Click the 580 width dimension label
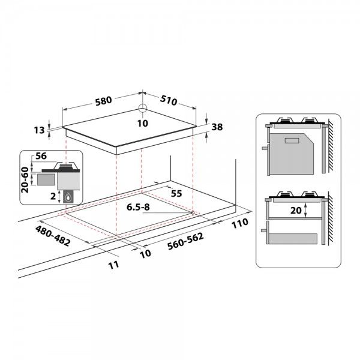104,101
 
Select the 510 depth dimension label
169,100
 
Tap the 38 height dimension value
217,127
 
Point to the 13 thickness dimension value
39,130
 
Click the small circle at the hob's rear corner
143,107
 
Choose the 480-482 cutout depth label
53,236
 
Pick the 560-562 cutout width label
185,241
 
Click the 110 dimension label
240,223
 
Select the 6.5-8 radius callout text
138,207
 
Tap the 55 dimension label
176,194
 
